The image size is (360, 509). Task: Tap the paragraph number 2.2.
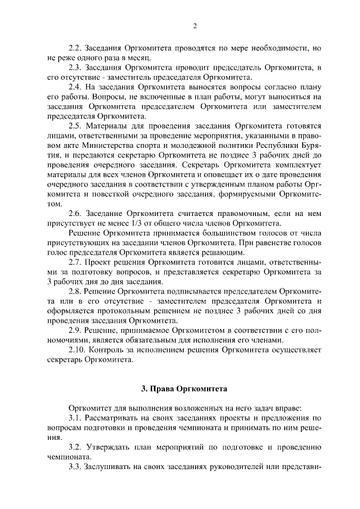point(75,48)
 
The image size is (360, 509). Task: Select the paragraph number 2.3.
point(75,67)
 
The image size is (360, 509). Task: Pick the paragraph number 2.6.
point(75,214)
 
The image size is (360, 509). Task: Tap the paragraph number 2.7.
point(75,262)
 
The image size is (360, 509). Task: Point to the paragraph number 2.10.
point(77,350)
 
